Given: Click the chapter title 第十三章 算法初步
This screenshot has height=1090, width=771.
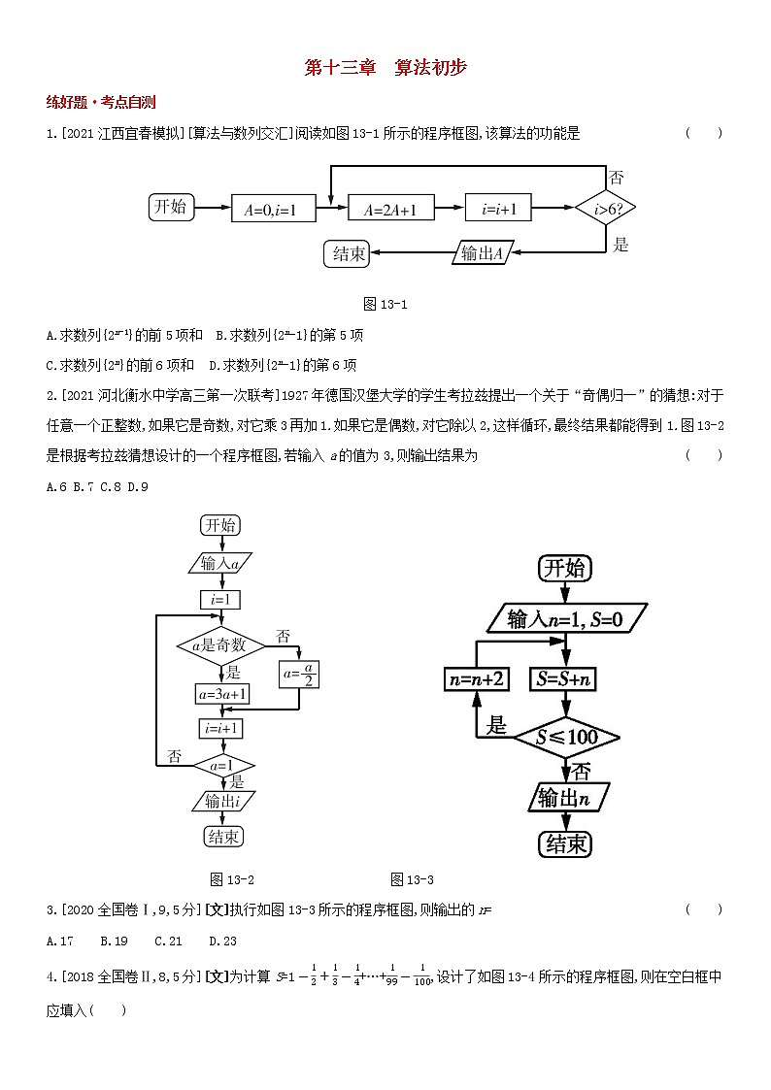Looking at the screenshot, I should tap(385, 67).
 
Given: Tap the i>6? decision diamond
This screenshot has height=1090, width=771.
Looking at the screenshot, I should tap(605, 208).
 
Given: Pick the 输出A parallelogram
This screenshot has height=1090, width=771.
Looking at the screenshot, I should tap(483, 253).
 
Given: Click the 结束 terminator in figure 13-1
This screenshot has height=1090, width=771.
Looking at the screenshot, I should tap(349, 253).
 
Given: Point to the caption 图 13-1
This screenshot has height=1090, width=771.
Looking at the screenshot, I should tap(385, 304).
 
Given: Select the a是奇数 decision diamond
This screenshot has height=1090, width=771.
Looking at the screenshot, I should tap(219, 644).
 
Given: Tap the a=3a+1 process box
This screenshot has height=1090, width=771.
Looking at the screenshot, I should tap(223, 694).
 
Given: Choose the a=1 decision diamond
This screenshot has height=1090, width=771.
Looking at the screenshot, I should tap(222, 765).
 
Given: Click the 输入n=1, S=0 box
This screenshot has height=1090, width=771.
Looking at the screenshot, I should tap(564, 617).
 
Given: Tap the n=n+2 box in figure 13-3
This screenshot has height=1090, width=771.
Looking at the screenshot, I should tap(477, 679).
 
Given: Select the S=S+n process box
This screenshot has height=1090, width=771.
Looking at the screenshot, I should tap(562, 679).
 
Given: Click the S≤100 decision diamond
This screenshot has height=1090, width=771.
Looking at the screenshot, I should tap(567, 737).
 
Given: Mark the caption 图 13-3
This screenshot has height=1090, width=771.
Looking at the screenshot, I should tap(412, 879).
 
